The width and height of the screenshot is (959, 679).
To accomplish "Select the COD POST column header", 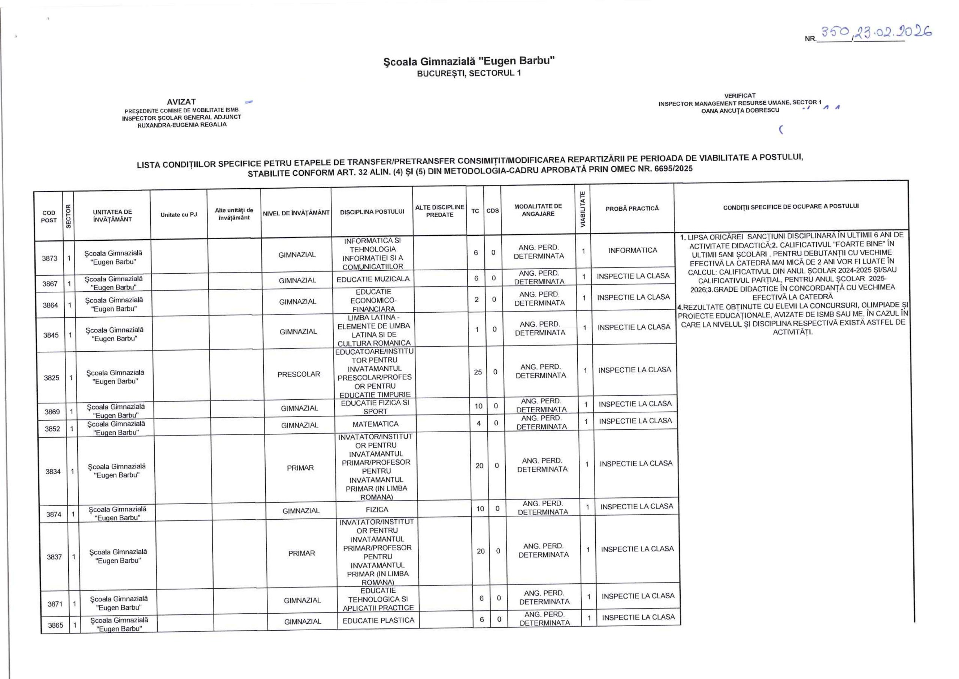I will pyautogui.click(x=48, y=217).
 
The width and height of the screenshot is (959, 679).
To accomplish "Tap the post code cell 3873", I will pyautogui.click(x=49, y=258).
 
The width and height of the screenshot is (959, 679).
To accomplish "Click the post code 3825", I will pyautogui.click(x=52, y=378).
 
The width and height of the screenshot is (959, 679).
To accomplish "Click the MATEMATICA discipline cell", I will pyautogui.click(x=375, y=424).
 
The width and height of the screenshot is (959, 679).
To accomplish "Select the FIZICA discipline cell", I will pyautogui.click(x=377, y=510).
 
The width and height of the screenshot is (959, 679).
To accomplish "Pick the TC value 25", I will pyautogui.click(x=478, y=372).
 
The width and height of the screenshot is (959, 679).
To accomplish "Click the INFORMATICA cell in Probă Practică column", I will pyautogui.click(x=632, y=250).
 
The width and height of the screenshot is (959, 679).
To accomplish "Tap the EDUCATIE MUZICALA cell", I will pyautogui.click(x=373, y=279).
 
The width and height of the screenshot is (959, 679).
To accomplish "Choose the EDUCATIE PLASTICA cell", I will pyautogui.click(x=378, y=621).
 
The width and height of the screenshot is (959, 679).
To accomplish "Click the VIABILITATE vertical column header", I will pyautogui.click(x=583, y=210).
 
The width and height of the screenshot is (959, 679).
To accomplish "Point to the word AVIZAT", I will pyautogui.click(x=181, y=102).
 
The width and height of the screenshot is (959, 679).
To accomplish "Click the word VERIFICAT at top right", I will pyautogui.click(x=740, y=95).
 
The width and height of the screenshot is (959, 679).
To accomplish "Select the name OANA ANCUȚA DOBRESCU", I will pyautogui.click(x=740, y=110).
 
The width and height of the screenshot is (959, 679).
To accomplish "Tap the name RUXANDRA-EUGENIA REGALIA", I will pyautogui.click(x=182, y=124).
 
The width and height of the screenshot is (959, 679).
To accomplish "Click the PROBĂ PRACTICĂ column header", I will pyautogui.click(x=632, y=208).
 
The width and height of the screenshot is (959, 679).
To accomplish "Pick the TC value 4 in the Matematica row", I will pyautogui.click(x=479, y=423).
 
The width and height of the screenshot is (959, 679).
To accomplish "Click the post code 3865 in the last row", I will pyautogui.click(x=55, y=625).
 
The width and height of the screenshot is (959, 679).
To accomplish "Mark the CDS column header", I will pyautogui.click(x=493, y=211).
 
